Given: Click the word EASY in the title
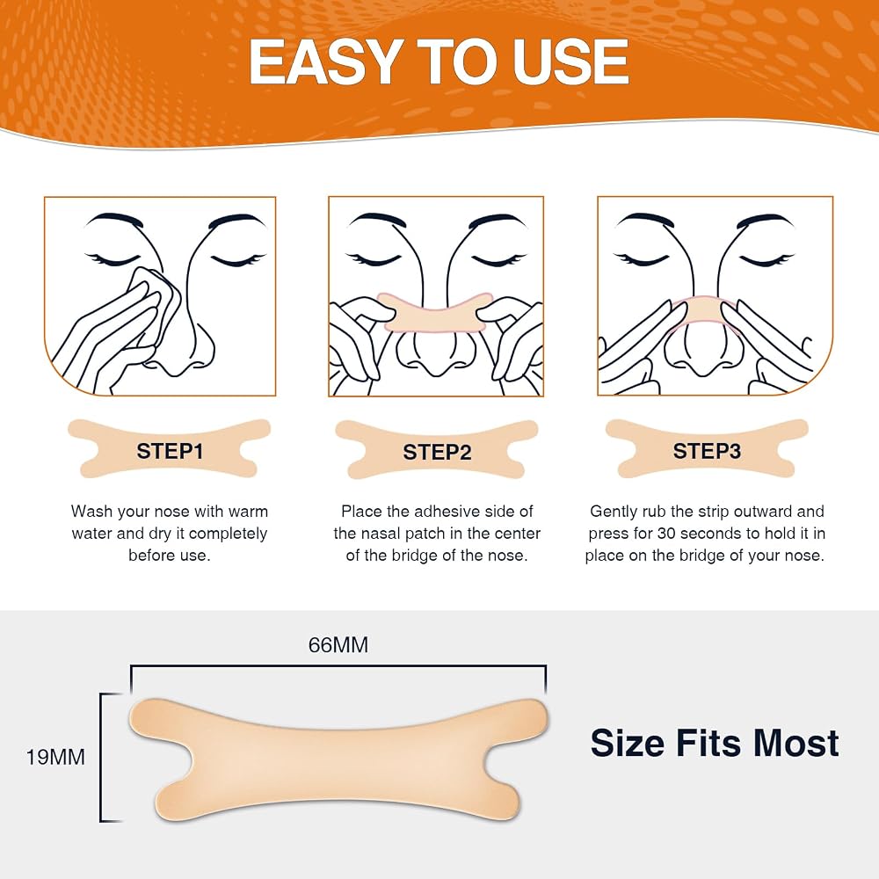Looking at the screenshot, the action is point(326,62).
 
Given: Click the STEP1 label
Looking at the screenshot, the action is point(170,451).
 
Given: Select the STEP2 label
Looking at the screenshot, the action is point(437,452).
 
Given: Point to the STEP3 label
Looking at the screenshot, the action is point(707,451).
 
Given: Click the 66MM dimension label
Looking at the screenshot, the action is point(338,645).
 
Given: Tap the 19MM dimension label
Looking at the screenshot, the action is point(55,758).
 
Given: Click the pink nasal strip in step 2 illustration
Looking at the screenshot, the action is point(436,313).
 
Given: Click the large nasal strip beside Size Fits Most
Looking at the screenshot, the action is point(338,760).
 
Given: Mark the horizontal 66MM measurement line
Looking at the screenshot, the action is point(338,666).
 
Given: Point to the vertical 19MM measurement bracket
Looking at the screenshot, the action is point(101,758).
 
